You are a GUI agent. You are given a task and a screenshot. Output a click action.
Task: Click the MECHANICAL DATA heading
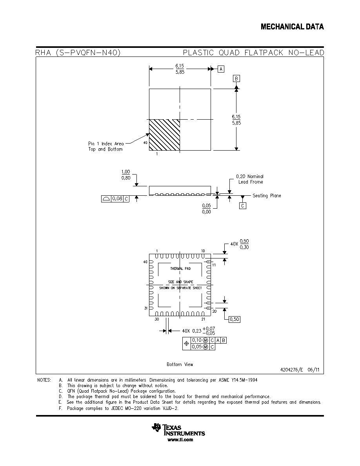[x=292, y=27]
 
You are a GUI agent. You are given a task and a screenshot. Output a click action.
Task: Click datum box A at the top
[x=221, y=69]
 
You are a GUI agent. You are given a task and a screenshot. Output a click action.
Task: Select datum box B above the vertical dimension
[x=236, y=78]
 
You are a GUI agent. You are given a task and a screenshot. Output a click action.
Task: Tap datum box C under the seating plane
[x=243, y=206]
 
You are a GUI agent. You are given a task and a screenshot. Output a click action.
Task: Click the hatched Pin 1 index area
[x=164, y=135]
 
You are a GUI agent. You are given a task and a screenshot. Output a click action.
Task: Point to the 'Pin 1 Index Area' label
[x=106, y=144]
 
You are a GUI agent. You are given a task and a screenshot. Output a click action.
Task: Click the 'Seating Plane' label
[x=267, y=196]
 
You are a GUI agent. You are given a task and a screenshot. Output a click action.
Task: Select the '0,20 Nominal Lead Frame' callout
[x=250, y=179]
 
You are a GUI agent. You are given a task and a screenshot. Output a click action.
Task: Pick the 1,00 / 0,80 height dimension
[x=125, y=175]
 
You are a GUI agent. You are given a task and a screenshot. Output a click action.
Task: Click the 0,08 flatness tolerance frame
[x=115, y=198]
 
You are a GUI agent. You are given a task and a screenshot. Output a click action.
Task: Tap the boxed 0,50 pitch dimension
[x=235, y=319]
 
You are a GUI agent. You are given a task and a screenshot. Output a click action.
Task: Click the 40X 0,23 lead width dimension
[x=198, y=331]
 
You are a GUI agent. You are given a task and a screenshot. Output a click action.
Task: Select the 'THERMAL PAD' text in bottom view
[x=180, y=269]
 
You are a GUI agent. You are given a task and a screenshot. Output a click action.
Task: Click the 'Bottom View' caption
[x=180, y=364]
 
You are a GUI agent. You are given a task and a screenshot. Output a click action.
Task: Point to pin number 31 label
[x=146, y=308]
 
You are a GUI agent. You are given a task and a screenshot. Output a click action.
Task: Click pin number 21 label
[x=203, y=319]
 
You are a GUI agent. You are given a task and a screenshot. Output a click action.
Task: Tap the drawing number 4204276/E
[x=292, y=370]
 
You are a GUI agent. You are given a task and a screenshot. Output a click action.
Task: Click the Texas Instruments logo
[x=178, y=430]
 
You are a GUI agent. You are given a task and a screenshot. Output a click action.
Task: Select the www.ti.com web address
[x=180, y=440]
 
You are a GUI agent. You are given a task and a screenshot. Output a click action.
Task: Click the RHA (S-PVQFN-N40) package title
[x=78, y=53]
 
